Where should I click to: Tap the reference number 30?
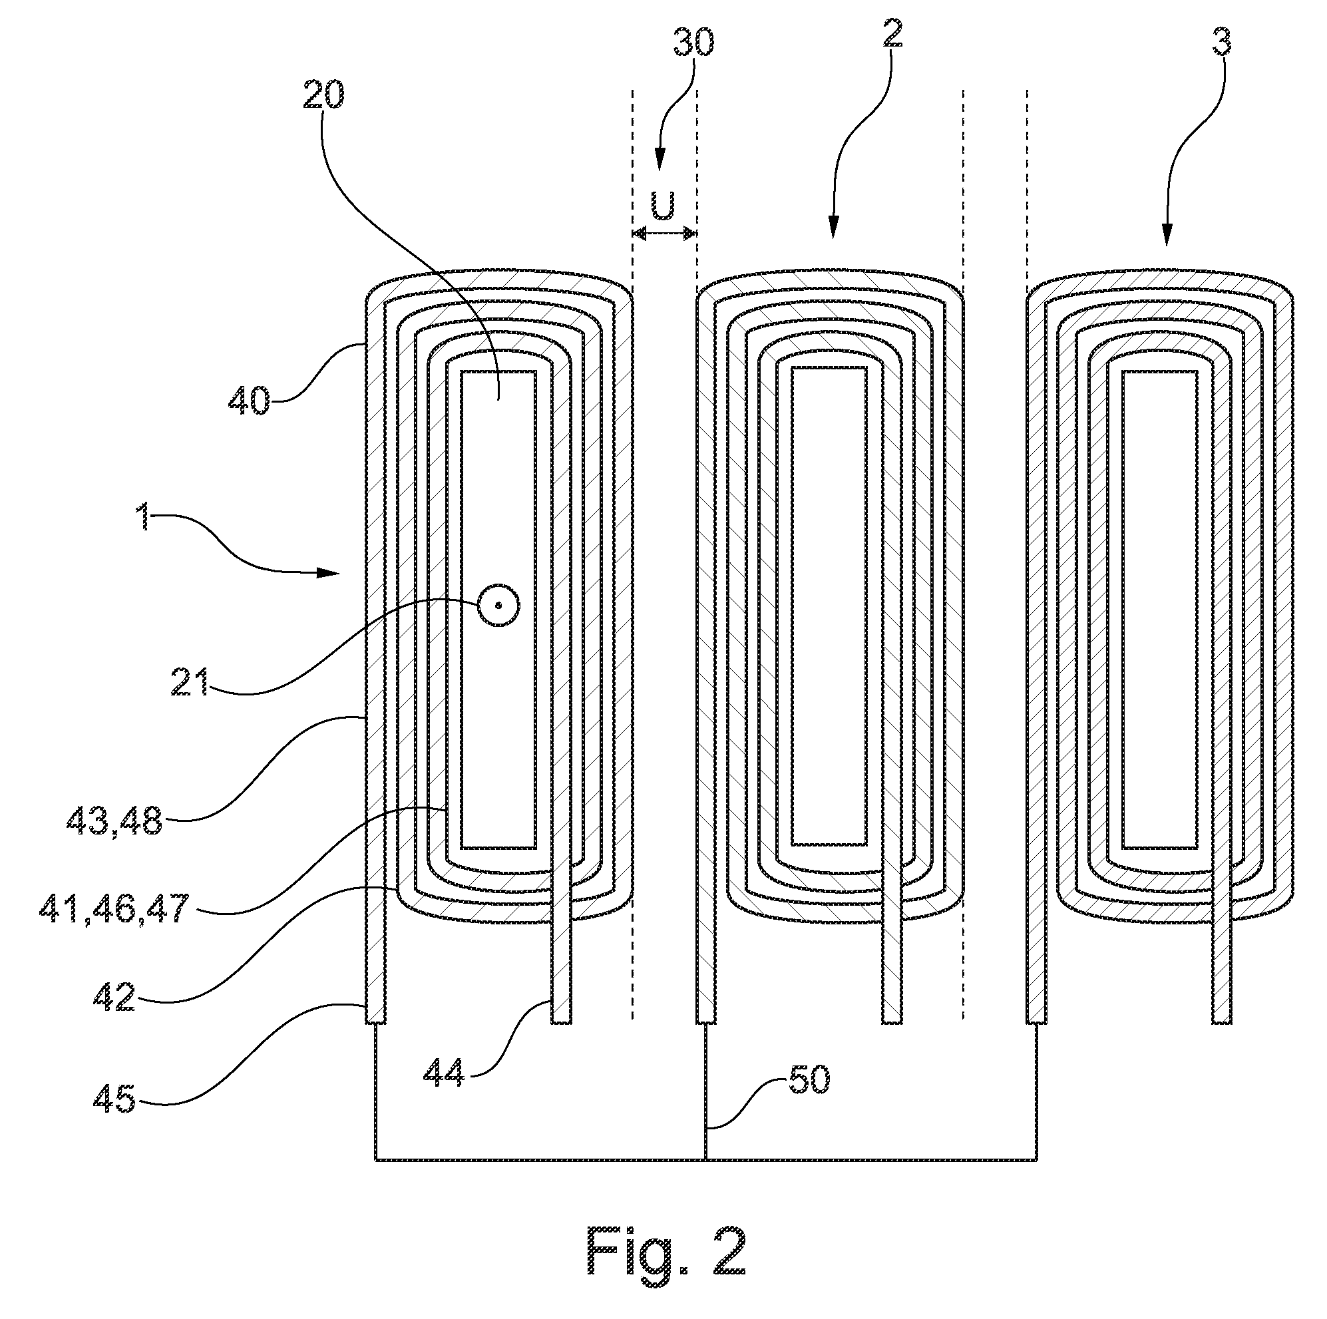click(x=693, y=43)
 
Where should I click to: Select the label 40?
click(x=250, y=400)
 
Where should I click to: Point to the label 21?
click(x=190, y=683)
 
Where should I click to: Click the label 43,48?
click(x=114, y=821)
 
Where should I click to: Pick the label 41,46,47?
click(x=114, y=909)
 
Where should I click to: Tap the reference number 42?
click(x=114, y=997)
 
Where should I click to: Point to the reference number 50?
click(x=809, y=1081)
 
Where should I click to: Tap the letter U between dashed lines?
click(x=663, y=206)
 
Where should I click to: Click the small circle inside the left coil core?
click(x=498, y=605)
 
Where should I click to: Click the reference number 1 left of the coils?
click(x=143, y=517)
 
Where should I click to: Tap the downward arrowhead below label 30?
click(x=660, y=161)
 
